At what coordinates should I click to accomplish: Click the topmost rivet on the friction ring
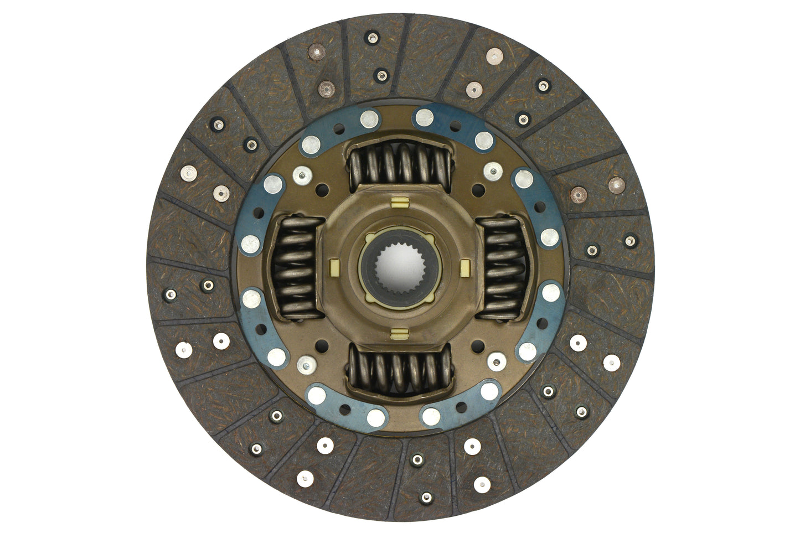[372, 38]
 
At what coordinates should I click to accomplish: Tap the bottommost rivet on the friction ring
[426, 497]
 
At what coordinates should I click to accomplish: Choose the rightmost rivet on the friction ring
[630, 241]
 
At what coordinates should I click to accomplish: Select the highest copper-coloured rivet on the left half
[317, 51]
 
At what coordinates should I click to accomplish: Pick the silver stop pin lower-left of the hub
[304, 364]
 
